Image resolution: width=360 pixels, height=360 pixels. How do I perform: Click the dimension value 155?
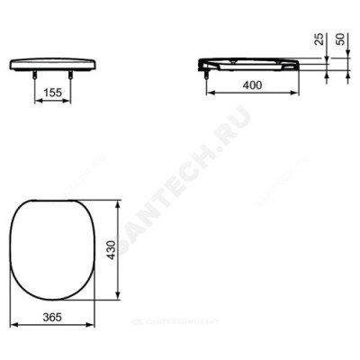click(x=53, y=92)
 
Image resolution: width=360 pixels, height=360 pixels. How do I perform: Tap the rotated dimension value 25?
click(x=316, y=40)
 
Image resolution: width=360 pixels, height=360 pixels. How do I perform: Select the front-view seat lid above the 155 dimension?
click(x=53, y=62)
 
